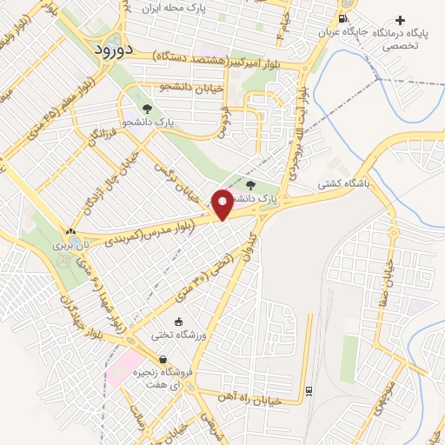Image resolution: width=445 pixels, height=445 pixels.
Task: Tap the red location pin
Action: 222,204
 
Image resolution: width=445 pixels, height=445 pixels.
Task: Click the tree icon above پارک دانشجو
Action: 147,110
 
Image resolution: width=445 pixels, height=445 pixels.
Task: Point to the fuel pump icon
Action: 345,19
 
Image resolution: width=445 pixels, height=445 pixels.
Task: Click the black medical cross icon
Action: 400,20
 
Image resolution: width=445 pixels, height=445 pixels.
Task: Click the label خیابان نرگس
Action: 177,179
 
